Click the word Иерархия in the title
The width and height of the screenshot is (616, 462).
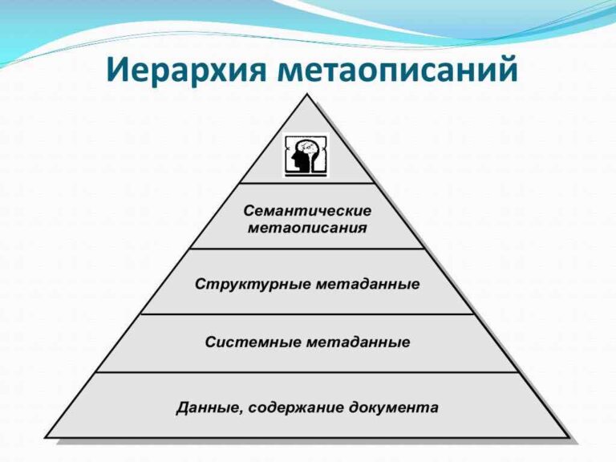[x=188, y=70]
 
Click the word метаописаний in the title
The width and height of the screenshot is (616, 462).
[x=398, y=70]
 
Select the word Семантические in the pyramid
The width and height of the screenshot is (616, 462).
[x=307, y=211]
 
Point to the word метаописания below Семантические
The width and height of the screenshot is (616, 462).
[x=307, y=228]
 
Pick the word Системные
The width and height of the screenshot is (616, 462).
[x=250, y=342]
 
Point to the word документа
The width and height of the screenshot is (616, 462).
[x=394, y=407]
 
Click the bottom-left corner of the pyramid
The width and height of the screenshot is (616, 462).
[x=46, y=437]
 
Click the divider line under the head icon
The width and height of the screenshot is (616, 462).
[x=307, y=184]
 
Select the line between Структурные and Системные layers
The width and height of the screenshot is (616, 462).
[x=307, y=314]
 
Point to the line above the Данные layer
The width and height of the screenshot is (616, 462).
[x=307, y=372]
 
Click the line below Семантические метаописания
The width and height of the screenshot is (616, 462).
[x=307, y=249]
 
